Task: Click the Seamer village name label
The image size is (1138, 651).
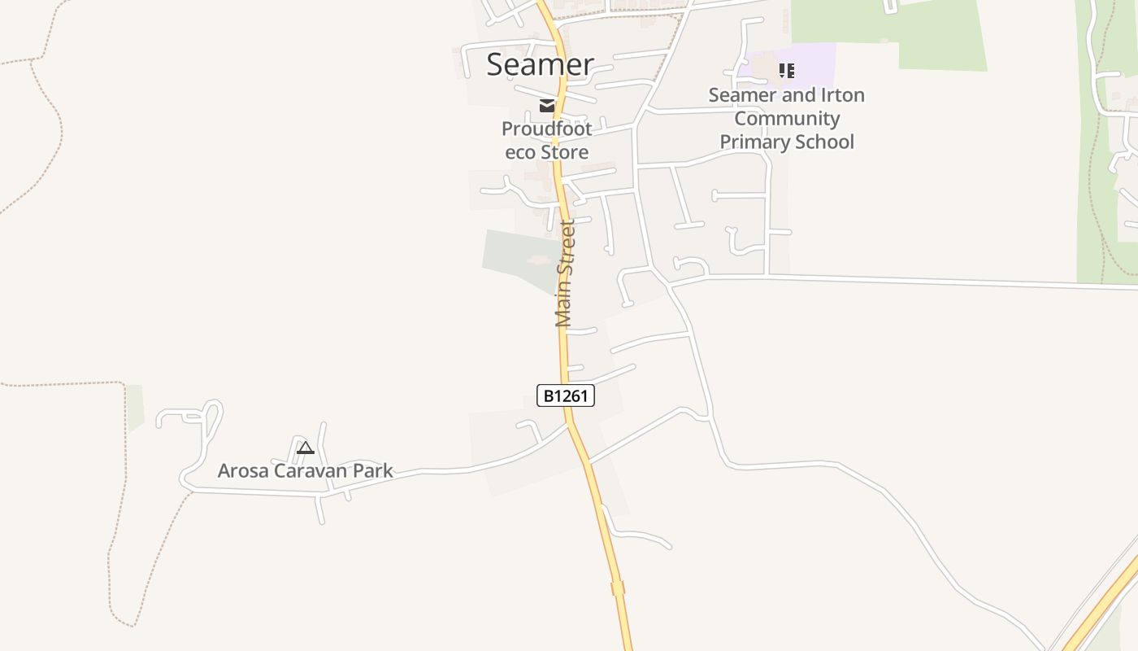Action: pyautogui.click(x=540, y=64)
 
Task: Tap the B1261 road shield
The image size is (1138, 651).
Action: pyautogui.click(x=566, y=396)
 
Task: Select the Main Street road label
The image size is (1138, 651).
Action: pyautogui.click(x=565, y=273)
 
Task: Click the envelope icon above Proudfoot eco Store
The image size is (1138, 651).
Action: pyautogui.click(x=547, y=106)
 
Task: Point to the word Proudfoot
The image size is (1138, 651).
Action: pyautogui.click(x=546, y=129)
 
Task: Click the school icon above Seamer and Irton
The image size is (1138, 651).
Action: pyautogui.click(x=786, y=71)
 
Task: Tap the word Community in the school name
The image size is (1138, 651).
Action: pyautogui.click(x=787, y=119)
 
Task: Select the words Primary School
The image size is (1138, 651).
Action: pyautogui.click(x=787, y=142)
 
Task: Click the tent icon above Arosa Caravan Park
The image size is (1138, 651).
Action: pyautogui.click(x=306, y=448)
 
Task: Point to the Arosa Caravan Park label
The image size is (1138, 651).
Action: pyautogui.click(x=305, y=470)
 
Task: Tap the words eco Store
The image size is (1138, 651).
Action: pyautogui.click(x=546, y=152)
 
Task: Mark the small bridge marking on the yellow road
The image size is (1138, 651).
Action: pyautogui.click(x=618, y=588)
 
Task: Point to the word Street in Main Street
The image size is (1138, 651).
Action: pyautogui.click(x=567, y=244)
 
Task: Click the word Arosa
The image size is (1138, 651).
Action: pyautogui.click(x=243, y=470)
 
